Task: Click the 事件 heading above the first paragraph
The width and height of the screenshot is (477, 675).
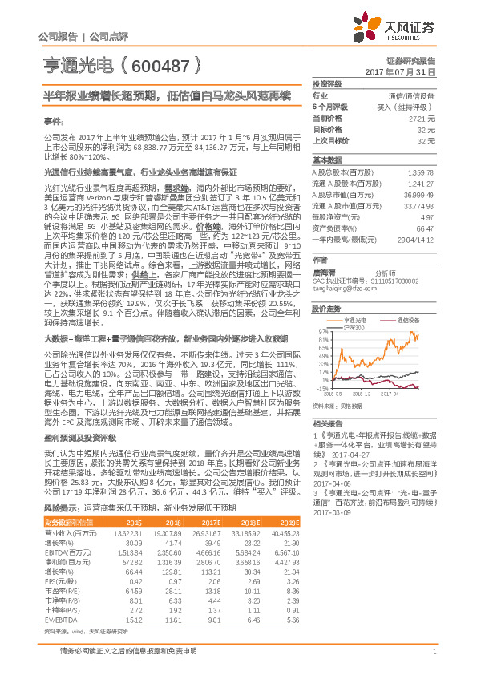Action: [x=53, y=119]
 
